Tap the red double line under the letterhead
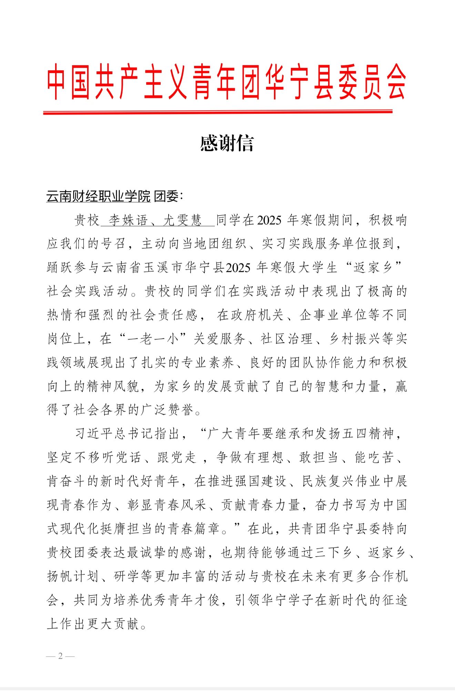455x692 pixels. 218,112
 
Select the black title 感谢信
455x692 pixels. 227,143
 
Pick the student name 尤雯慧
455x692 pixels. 182,220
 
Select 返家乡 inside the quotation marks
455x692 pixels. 373,268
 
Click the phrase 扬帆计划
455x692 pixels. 73,577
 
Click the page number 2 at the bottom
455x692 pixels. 60,656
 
